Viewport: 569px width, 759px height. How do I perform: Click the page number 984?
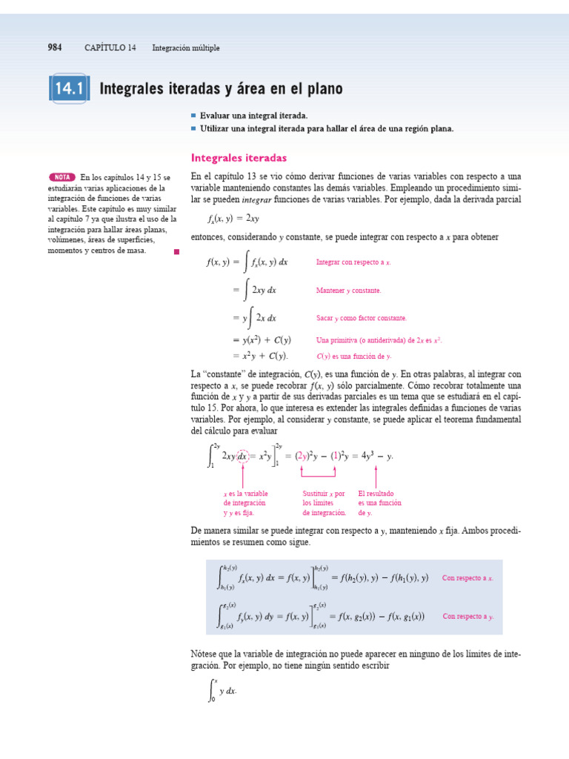(54, 48)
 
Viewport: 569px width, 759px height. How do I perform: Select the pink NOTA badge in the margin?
(62, 177)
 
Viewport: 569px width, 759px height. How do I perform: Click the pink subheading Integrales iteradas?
(239, 158)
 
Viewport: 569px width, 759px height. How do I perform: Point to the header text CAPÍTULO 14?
(110, 48)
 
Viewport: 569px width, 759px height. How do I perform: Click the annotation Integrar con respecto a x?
(353, 262)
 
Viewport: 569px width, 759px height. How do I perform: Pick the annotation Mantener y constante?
(348, 291)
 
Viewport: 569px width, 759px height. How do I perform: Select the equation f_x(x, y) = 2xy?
(233, 219)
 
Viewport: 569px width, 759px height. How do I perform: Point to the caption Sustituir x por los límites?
(325, 503)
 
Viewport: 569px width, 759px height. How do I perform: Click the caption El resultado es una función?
(379, 503)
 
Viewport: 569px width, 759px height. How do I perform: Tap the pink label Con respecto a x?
(467, 577)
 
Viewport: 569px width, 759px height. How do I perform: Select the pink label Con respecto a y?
(468, 616)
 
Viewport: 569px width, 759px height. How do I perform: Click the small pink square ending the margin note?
(176, 252)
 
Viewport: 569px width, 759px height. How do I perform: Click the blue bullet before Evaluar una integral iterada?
(193, 116)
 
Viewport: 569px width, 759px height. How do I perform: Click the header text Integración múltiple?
(186, 48)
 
